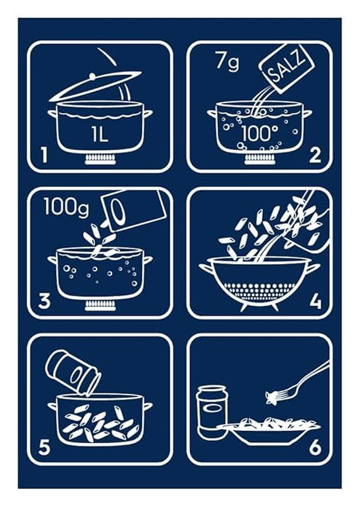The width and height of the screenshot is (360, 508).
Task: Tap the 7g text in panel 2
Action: tap(227, 62)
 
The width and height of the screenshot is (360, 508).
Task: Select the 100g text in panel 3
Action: tap(66, 208)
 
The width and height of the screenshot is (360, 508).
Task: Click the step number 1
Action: tap(43, 156)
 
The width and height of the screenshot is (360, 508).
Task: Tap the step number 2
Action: tap(315, 156)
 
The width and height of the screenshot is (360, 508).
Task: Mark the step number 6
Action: tap(315, 448)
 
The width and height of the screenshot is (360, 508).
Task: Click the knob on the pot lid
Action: tap(92, 76)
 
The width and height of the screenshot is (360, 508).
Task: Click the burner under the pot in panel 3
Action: tap(100, 305)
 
